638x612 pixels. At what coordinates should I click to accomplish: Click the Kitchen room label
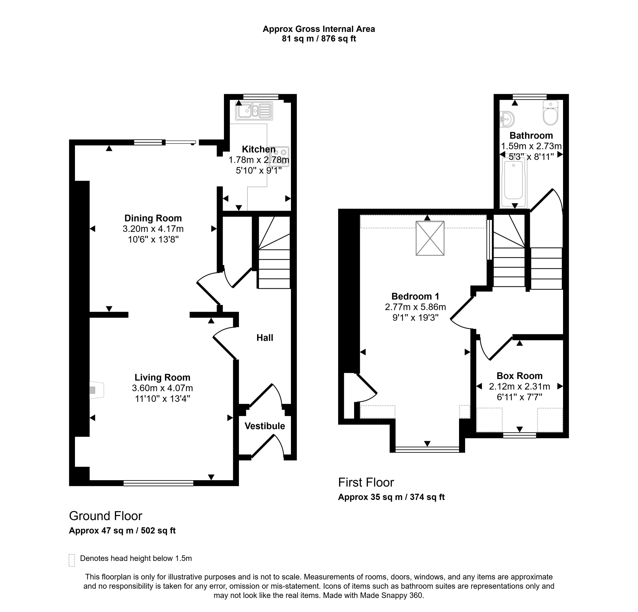click(258, 149)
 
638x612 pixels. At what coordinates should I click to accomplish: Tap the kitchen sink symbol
click(254, 111)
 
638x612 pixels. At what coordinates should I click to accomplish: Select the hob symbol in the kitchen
click(279, 157)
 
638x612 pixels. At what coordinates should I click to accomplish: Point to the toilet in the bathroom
click(551, 113)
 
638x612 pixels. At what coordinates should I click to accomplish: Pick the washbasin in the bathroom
click(507, 119)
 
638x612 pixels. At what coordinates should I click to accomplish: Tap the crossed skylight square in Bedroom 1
click(430, 238)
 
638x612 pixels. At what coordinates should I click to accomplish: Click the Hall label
click(265, 338)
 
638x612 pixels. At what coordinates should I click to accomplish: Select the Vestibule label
click(265, 426)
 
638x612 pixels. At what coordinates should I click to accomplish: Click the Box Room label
click(520, 376)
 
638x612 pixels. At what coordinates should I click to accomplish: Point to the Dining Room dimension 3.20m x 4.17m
click(153, 229)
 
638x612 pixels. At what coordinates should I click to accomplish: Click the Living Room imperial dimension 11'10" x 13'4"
click(162, 399)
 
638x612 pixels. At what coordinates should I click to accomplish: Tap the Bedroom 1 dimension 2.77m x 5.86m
click(415, 307)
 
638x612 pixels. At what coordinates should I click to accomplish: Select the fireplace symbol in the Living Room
click(97, 390)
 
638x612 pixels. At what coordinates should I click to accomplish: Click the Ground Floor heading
click(106, 516)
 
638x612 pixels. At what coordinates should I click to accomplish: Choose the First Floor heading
click(366, 482)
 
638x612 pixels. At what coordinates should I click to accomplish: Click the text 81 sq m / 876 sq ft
click(319, 39)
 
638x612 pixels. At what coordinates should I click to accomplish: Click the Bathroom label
click(531, 135)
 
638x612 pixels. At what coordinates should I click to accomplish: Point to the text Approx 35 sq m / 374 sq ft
click(391, 497)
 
